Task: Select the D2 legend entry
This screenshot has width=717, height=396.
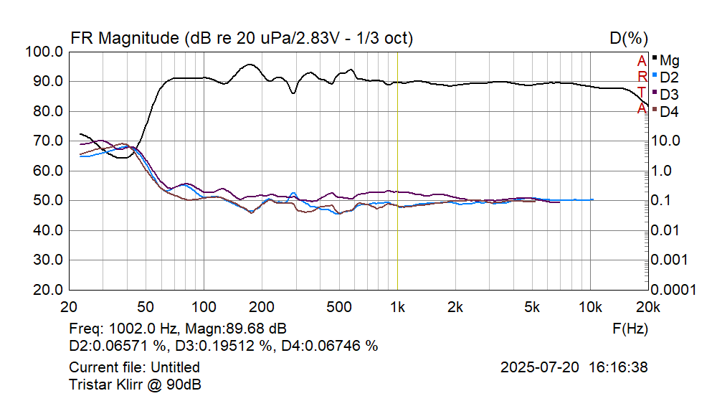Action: pyautogui.click(x=669, y=77)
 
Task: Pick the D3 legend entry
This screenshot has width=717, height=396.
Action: pyautogui.click(x=669, y=94)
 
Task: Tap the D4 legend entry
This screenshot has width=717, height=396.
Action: pyautogui.click(x=669, y=112)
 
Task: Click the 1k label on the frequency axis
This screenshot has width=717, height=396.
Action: pyautogui.click(x=397, y=307)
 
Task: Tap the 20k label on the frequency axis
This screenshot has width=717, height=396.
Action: pyautogui.click(x=647, y=307)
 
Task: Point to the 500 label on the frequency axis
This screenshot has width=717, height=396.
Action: pyautogui.click(x=339, y=307)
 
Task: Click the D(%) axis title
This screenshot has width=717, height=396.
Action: pyautogui.click(x=629, y=38)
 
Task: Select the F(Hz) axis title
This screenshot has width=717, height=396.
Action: pyautogui.click(x=630, y=329)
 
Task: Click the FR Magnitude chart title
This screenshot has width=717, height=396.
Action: pyautogui.click(x=241, y=38)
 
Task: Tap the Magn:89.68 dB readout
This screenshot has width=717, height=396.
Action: pyautogui.click(x=236, y=329)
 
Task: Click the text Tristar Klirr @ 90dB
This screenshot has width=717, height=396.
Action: pyautogui.click(x=135, y=384)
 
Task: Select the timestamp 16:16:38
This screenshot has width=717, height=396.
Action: pyautogui.click(x=618, y=367)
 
